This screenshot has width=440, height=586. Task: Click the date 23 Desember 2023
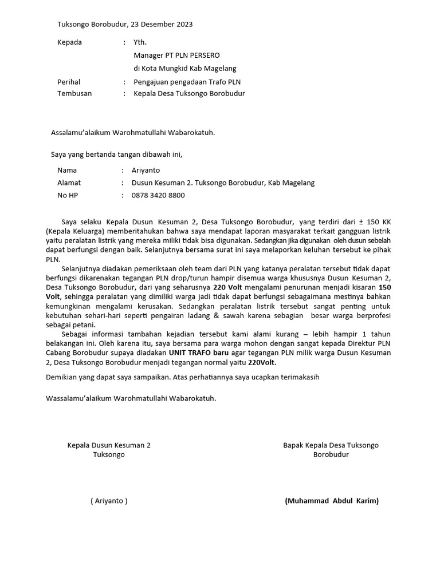coord(162,24)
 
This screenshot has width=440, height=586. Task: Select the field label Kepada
coord(69,42)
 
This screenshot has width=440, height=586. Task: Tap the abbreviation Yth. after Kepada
coord(140,42)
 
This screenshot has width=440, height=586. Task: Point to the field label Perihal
coord(69,82)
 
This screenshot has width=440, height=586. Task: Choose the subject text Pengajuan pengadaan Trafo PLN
coord(187,82)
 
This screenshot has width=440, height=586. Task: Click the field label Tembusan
coord(74,93)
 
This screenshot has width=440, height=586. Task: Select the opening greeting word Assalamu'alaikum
coord(84,133)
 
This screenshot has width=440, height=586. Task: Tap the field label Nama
coord(67,170)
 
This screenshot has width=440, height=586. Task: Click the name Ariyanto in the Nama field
coord(146,170)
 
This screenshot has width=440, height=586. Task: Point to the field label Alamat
coord(69,183)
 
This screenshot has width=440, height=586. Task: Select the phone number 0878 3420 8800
coord(158,195)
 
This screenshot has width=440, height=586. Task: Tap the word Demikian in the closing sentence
coord(61,377)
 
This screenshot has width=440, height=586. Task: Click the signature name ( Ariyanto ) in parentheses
coord(109,501)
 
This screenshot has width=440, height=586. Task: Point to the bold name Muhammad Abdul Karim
coord(332,501)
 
